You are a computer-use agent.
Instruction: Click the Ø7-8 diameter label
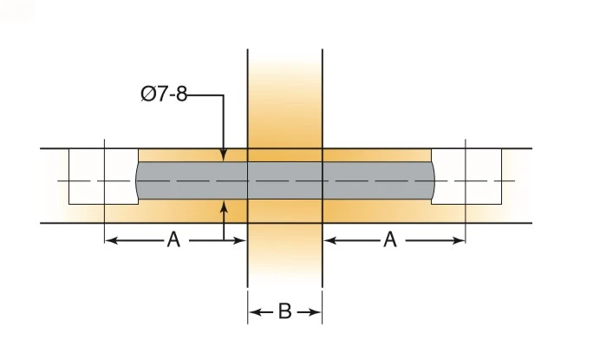coord(164,94)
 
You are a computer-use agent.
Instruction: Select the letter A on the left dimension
coord(173,239)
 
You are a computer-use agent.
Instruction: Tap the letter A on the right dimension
coord(390,239)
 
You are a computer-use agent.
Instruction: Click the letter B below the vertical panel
coord(284,311)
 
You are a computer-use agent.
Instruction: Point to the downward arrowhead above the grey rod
coord(224,155)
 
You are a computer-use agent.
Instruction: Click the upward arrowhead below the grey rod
coord(224,206)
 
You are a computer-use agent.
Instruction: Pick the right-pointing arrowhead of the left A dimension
coord(240,240)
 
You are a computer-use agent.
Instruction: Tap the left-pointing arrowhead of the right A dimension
coord(330,240)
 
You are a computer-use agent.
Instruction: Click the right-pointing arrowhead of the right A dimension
coord(458,240)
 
